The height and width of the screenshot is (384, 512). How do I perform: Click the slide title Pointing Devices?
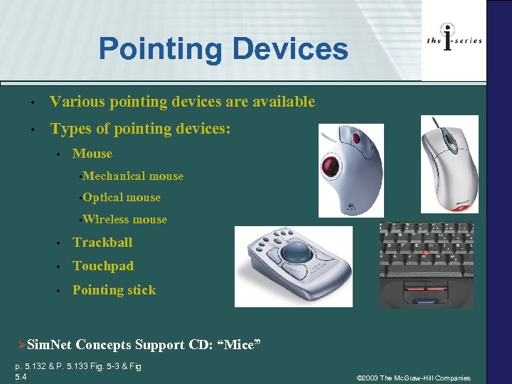point(223,49)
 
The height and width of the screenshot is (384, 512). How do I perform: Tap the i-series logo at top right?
point(454,38)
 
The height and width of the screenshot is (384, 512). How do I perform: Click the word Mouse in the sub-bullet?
point(92,154)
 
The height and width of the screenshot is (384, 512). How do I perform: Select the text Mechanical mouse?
point(132,176)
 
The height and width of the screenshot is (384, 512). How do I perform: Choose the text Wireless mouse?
point(124,220)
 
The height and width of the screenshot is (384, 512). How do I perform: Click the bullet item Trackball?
point(102,242)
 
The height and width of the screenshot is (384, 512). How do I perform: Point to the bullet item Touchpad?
point(103,266)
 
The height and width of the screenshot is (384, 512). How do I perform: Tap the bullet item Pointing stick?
point(114,290)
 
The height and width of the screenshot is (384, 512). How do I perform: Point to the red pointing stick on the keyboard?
point(426,253)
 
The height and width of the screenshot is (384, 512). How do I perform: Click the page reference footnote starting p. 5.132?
point(78,370)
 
